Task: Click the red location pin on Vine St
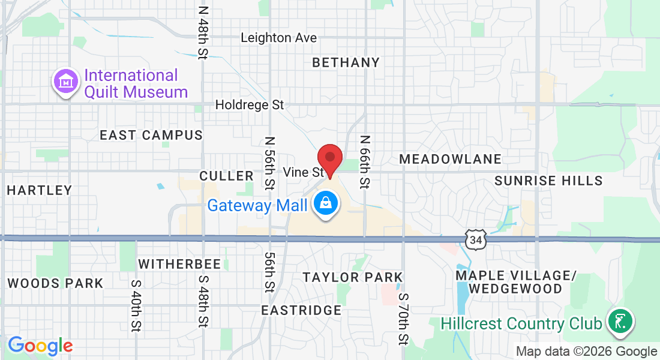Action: [329, 158]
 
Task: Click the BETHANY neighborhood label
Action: [346, 62]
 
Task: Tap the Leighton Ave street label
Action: [278, 38]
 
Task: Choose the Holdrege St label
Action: [250, 105]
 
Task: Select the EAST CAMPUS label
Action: [151, 135]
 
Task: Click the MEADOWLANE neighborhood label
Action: [450, 159]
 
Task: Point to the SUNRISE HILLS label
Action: [548, 181]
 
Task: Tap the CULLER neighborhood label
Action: [226, 176]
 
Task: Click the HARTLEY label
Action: [40, 190]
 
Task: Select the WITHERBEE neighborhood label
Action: [179, 264]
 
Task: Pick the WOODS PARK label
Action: [55, 283]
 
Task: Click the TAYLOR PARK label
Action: [352, 277]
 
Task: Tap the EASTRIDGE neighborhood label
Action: [301, 310]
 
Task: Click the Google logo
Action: [40, 346]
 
